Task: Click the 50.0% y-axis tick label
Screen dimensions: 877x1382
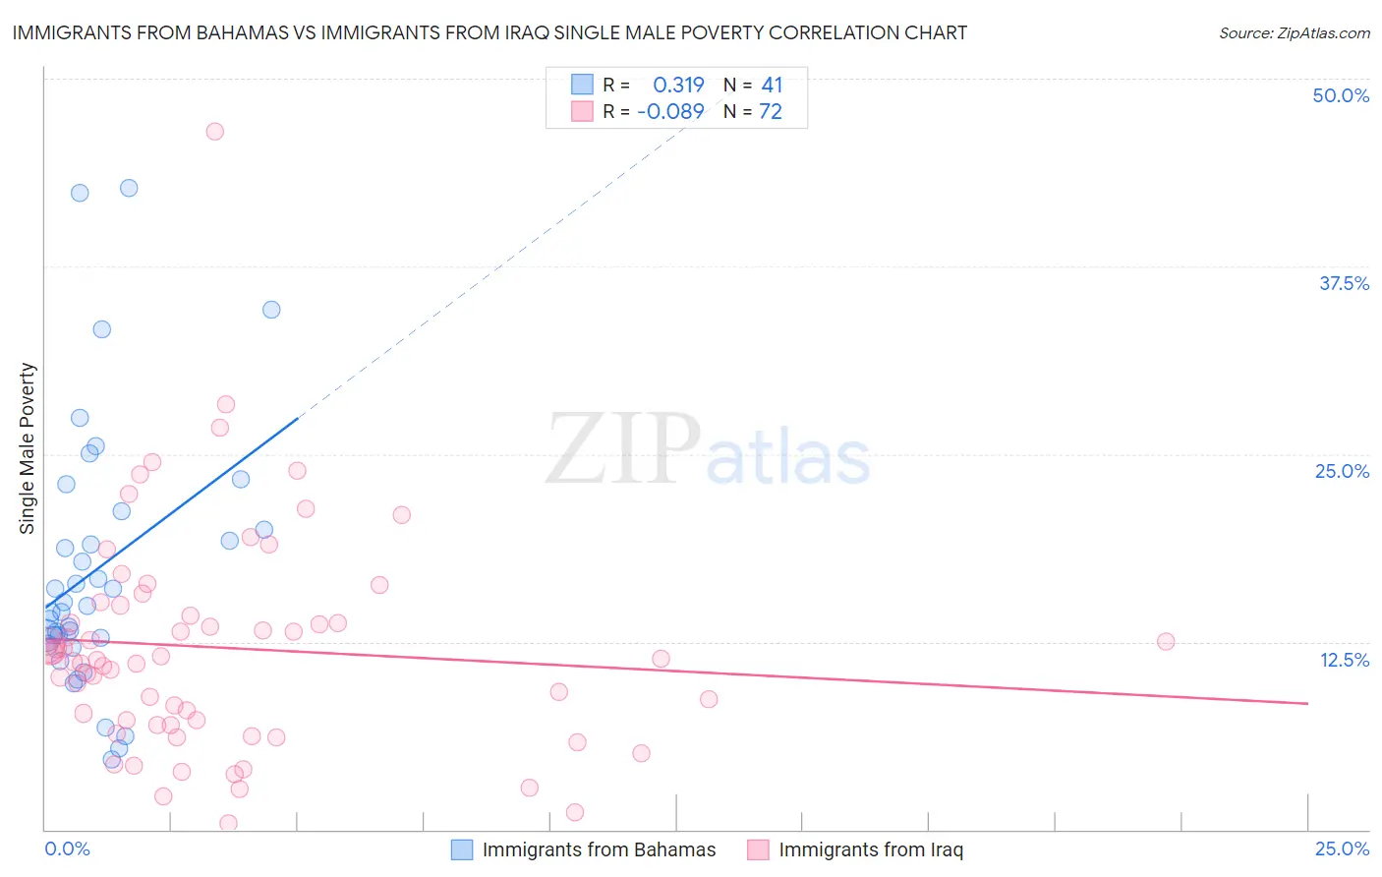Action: click(x=1341, y=95)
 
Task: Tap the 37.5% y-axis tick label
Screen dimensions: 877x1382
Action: click(x=1344, y=283)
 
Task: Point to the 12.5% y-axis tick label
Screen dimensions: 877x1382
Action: click(x=1344, y=660)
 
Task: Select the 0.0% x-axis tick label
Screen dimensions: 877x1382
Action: click(x=67, y=849)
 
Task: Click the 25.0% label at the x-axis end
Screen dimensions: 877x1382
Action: click(x=1342, y=849)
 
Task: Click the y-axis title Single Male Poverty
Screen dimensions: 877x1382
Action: click(x=28, y=448)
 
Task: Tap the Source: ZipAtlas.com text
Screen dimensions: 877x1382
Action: click(x=1294, y=32)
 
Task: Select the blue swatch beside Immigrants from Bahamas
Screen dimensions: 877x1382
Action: click(x=462, y=849)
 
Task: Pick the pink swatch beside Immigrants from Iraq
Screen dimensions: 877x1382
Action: click(x=758, y=849)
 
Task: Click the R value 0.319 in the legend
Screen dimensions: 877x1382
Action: click(x=678, y=86)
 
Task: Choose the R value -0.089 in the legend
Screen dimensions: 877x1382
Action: click(x=671, y=112)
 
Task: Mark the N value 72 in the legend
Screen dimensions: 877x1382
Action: click(x=771, y=112)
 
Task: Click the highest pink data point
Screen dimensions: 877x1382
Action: click(x=214, y=132)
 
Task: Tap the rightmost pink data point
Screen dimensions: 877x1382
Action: click(x=1166, y=642)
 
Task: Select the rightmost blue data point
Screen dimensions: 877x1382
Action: click(x=271, y=310)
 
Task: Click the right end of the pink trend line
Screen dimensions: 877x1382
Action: click(x=1307, y=703)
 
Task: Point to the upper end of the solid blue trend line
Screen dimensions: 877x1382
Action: click(x=297, y=419)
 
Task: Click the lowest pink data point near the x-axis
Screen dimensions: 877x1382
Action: click(x=228, y=823)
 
